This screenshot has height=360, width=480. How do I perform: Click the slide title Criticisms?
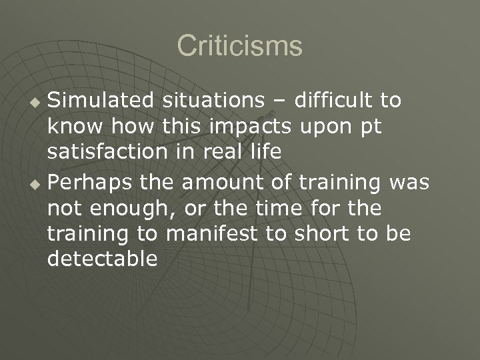pyautogui.click(x=239, y=47)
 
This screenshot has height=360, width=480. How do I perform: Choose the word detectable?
pyautogui.click(x=103, y=258)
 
